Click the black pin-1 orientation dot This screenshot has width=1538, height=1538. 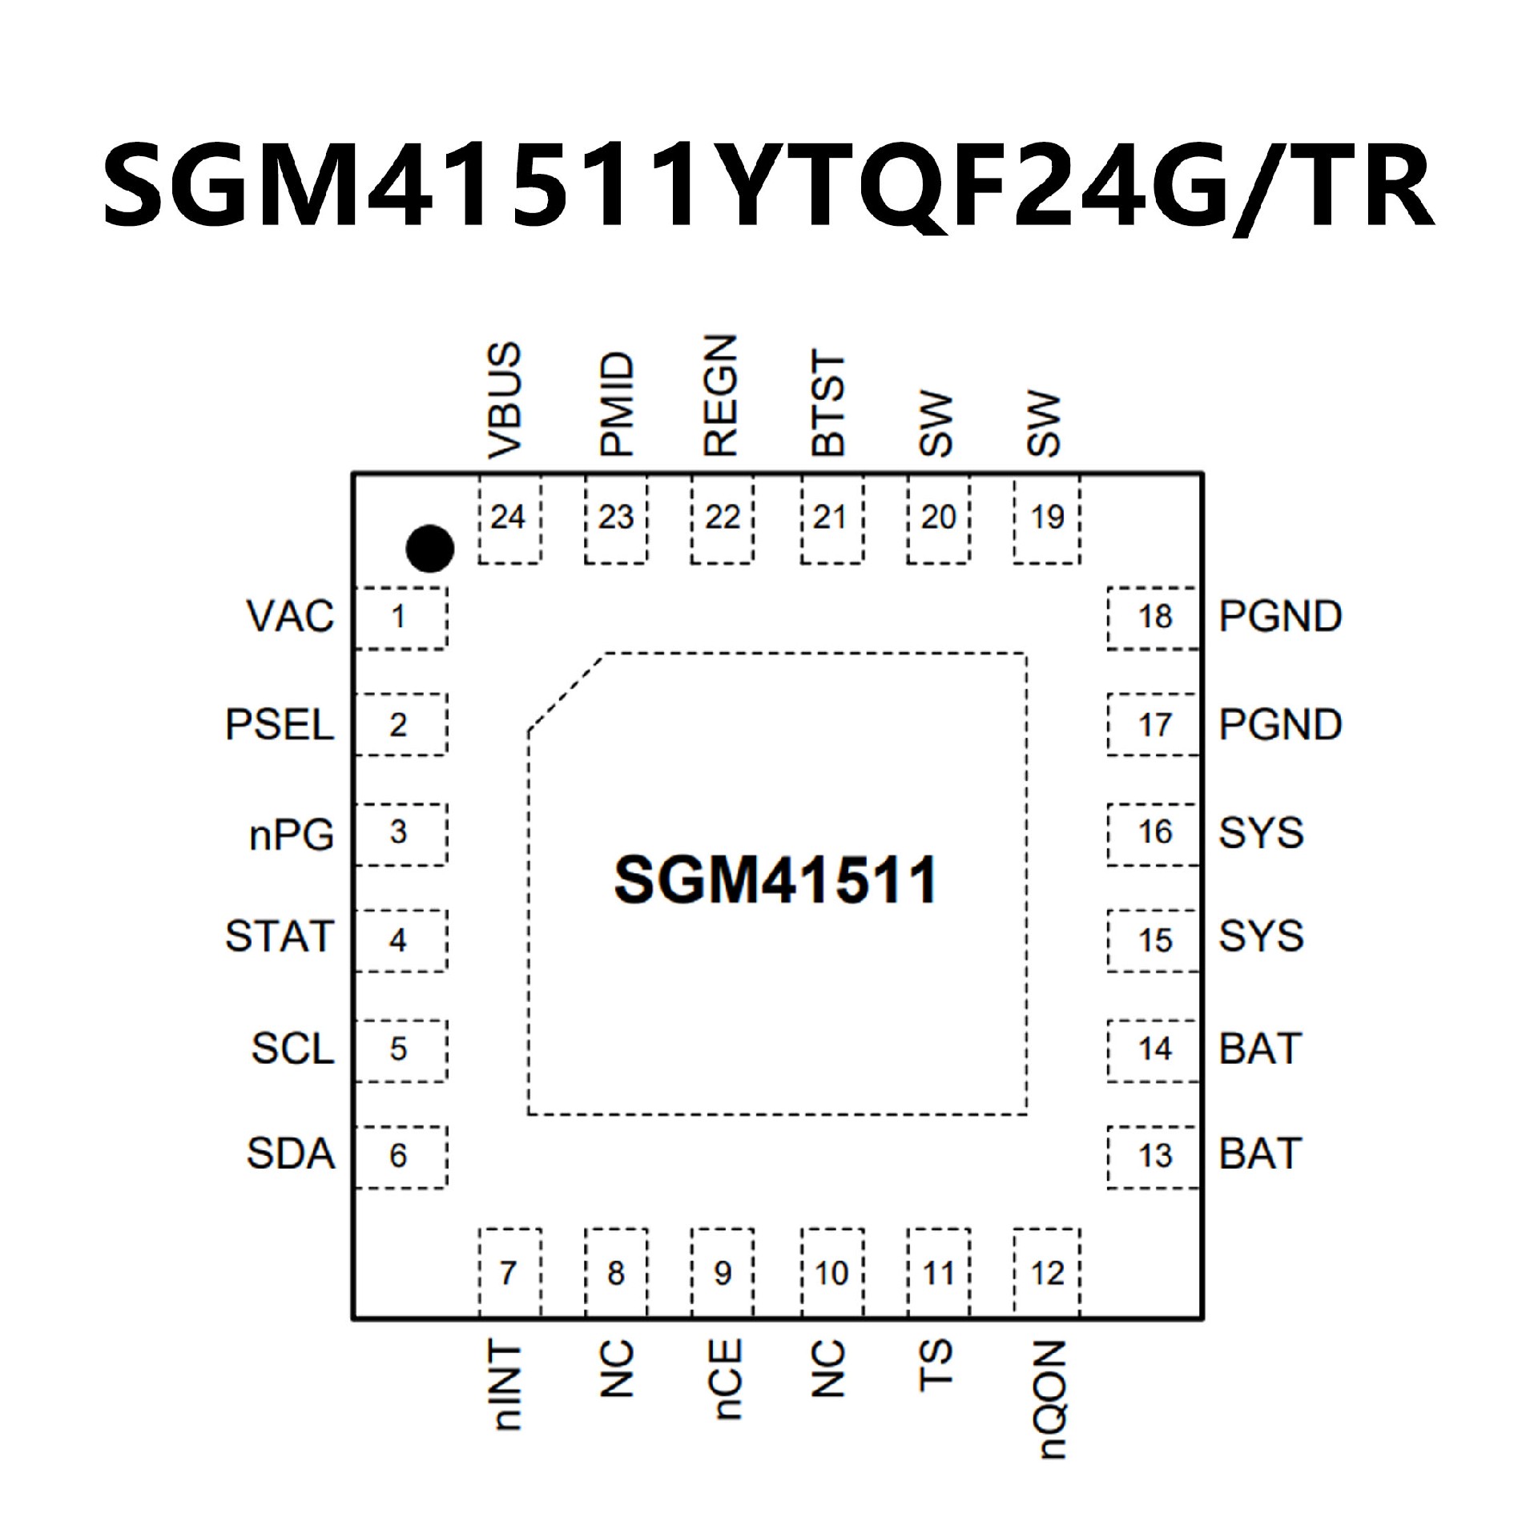(430, 549)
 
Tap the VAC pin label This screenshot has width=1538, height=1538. (290, 617)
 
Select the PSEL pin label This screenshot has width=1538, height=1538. (279, 725)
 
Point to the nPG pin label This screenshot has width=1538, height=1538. (291, 835)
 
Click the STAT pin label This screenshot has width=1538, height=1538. (279, 936)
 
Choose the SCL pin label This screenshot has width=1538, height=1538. (292, 1049)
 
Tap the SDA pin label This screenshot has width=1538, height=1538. (290, 1154)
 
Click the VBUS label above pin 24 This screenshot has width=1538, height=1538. (505, 401)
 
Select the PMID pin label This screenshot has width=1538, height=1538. (616, 405)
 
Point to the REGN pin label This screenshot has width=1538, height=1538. (719, 396)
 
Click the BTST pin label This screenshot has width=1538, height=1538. (828, 403)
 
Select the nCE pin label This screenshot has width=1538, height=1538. (726, 1379)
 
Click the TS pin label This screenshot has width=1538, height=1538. (935, 1365)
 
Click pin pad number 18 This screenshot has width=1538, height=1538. (1154, 617)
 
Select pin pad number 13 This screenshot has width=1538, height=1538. (1154, 1155)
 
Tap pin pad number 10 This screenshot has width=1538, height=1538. (831, 1273)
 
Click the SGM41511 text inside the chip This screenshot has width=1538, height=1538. (775, 880)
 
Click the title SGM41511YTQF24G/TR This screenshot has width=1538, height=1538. (767, 187)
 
